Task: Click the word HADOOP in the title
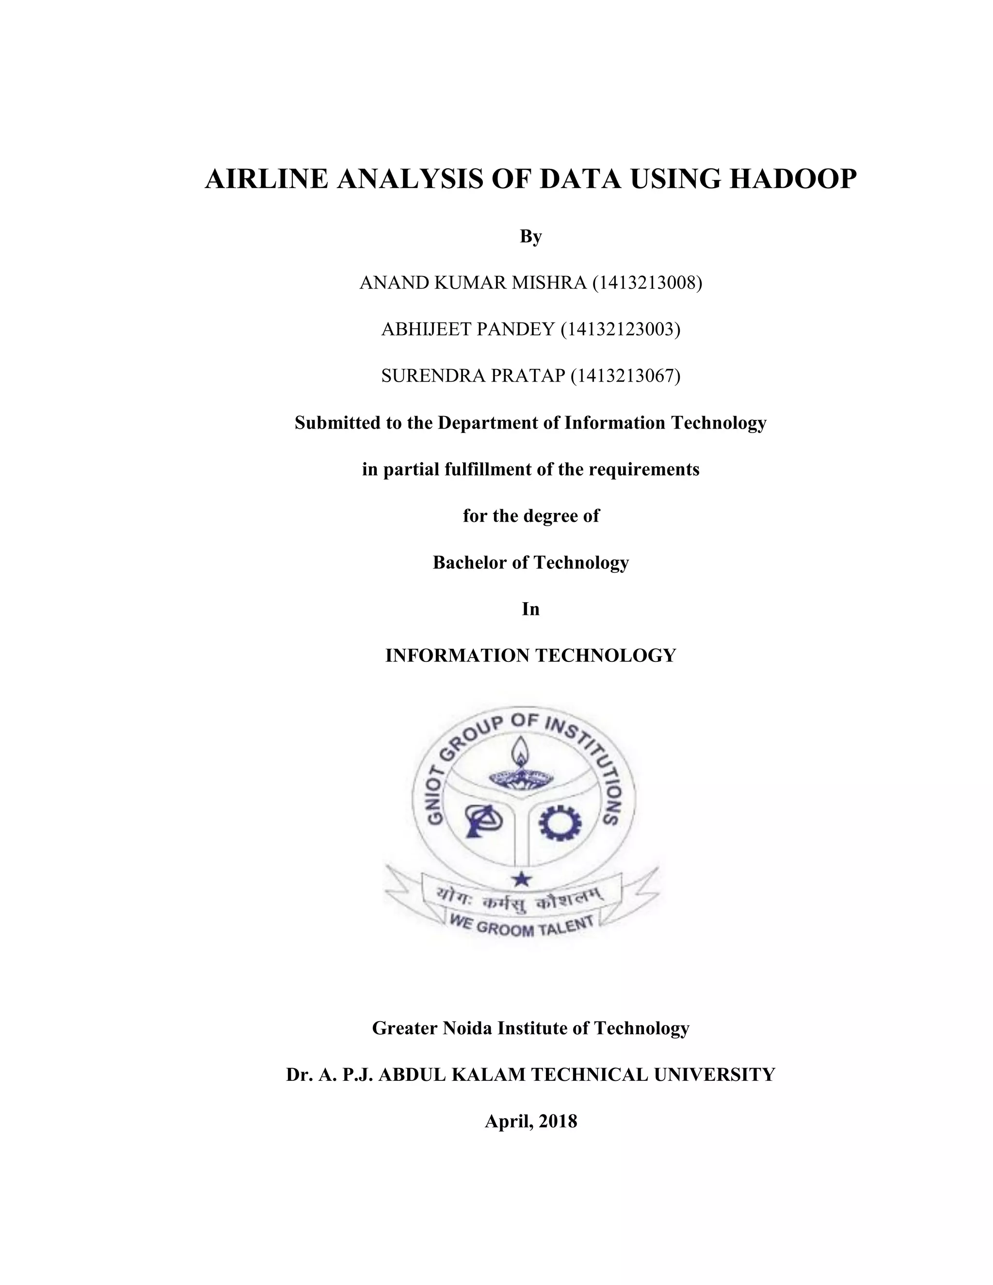coord(792,179)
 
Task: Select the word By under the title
coord(530,237)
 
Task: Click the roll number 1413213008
coord(647,283)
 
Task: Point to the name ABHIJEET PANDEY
coord(468,329)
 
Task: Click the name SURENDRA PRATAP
coord(473,375)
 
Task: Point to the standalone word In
coord(530,609)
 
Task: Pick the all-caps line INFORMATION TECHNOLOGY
coord(530,656)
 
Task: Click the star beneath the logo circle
coord(521,879)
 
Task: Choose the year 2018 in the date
coord(558,1121)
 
